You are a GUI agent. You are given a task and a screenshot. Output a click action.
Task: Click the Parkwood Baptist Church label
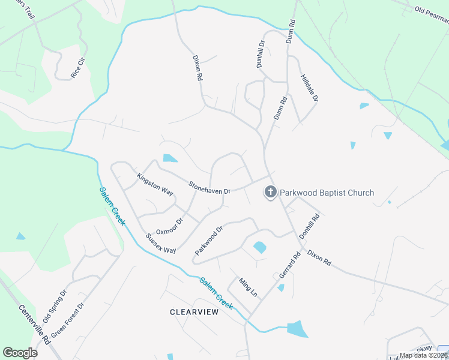(x=327, y=193)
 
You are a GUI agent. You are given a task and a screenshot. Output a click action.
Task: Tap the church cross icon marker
(x=271, y=193)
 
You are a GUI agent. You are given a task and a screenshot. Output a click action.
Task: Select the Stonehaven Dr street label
(x=210, y=187)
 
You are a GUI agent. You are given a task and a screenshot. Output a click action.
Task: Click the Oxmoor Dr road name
(x=169, y=226)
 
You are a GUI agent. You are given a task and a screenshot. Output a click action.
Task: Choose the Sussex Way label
(x=161, y=243)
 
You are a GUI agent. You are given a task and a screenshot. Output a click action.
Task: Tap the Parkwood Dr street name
(x=209, y=240)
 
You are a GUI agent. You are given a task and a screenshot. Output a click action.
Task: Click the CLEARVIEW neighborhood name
(x=194, y=312)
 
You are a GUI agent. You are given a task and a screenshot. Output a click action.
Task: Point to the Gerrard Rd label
(x=289, y=264)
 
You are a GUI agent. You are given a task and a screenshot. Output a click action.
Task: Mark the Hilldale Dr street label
(x=309, y=88)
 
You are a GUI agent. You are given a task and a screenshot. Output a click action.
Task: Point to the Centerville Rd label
(x=29, y=325)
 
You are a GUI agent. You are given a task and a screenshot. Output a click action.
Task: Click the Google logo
(x=20, y=353)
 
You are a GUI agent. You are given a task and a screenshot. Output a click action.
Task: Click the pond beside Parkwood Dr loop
(x=260, y=247)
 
